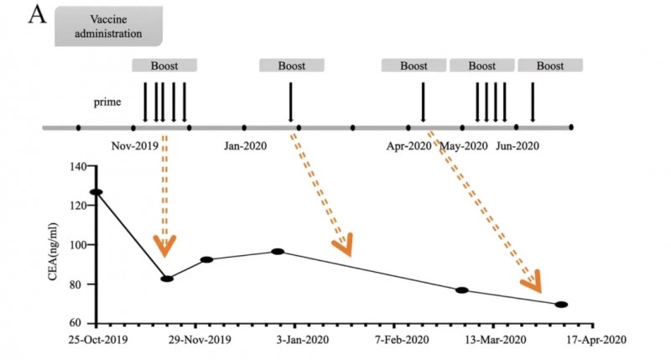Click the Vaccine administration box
[108, 27]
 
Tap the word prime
[107, 102]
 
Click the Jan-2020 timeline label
[245, 145]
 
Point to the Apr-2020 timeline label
[408, 145]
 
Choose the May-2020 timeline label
[463, 145]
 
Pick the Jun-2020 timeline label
[517, 145]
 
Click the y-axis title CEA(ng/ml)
[53, 244]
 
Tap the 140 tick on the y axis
[76, 167]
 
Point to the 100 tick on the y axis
[76, 245]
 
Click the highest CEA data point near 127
[97, 192]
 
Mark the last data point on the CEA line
[561, 305]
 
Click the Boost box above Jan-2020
[292, 65]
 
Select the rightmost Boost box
[550, 65]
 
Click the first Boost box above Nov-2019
[164, 65]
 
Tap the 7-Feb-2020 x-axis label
[402, 341]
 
